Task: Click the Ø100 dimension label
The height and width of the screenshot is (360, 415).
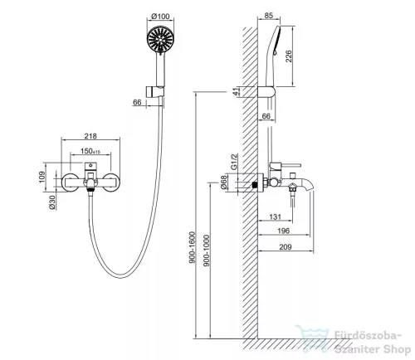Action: tap(160, 17)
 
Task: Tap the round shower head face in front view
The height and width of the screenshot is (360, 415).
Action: tap(160, 40)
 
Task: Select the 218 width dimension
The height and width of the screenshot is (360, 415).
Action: tap(90, 136)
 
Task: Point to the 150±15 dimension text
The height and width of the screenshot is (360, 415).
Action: tap(90, 151)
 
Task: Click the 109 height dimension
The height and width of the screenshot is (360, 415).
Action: tap(41, 177)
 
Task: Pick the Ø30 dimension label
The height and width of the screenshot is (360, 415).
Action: tap(52, 202)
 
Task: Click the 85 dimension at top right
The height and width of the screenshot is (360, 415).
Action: tap(268, 16)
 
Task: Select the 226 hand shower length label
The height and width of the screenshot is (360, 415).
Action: tap(288, 56)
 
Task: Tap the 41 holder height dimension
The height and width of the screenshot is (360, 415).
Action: tap(237, 91)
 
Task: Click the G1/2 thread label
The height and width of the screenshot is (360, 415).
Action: tap(234, 162)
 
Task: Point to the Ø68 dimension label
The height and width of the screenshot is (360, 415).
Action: tap(224, 182)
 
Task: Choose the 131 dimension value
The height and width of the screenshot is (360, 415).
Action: tap(275, 216)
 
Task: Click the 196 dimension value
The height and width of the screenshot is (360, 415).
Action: tap(284, 231)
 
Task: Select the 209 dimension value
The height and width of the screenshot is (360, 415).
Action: tap(286, 246)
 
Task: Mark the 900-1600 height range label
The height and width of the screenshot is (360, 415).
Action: tap(192, 247)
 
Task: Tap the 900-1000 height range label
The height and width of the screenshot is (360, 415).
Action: tap(207, 251)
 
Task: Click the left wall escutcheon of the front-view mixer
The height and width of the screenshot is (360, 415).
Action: tap(70, 182)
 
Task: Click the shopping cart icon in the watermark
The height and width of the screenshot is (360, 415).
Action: tap(312, 339)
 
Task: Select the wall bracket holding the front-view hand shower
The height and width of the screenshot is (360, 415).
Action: tap(155, 91)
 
